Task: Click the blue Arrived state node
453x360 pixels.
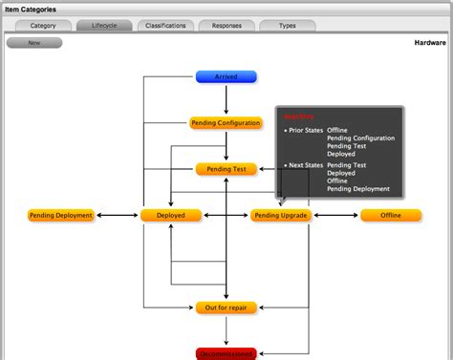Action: point(226,76)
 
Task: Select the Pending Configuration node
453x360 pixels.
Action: point(226,123)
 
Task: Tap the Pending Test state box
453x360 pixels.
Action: point(226,169)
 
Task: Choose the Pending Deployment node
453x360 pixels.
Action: point(61,216)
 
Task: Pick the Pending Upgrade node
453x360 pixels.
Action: point(280,216)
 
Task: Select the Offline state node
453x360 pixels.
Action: point(391,216)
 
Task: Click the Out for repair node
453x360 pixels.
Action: point(226,308)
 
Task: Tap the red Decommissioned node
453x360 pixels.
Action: point(226,353)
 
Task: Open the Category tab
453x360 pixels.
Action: point(42,26)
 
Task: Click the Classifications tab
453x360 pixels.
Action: point(165,26)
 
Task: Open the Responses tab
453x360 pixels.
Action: point(226,26)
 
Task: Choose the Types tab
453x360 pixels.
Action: point(287,26)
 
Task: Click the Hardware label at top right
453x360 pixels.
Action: point(431,43)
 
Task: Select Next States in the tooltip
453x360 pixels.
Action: point(306,164)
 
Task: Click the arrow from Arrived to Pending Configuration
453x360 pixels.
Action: point(226,99)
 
